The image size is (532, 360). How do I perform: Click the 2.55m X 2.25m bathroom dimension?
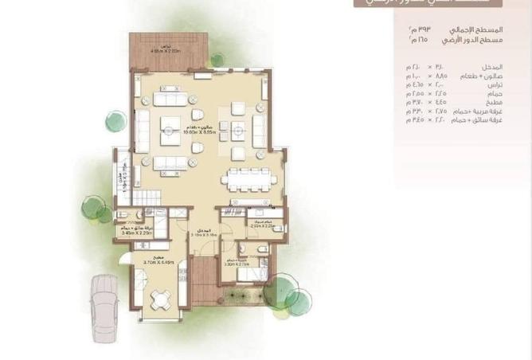click(261, 225)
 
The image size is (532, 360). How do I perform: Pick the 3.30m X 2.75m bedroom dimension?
click(239, 264)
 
